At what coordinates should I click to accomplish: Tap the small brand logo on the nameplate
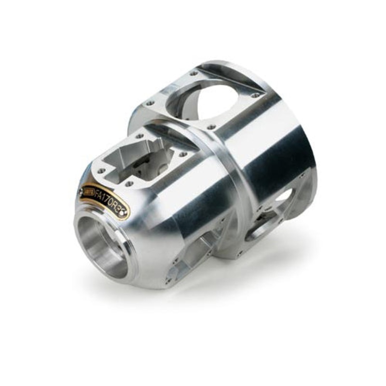pyautogui.click(x=88, y=192)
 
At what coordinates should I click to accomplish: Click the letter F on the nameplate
pyautogui.click(x=97, y=195)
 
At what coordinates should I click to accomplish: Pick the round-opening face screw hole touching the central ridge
pyautogui.click(x=211, y=127)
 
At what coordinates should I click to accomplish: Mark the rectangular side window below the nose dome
pyautogui.click(x=198, y=251)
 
